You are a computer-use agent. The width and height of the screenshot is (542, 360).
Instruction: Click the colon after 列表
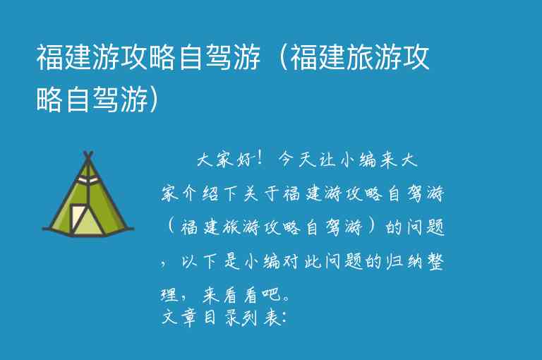tap(283, 318)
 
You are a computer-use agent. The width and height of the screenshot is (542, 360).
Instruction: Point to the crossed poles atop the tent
tap(88, 156)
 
